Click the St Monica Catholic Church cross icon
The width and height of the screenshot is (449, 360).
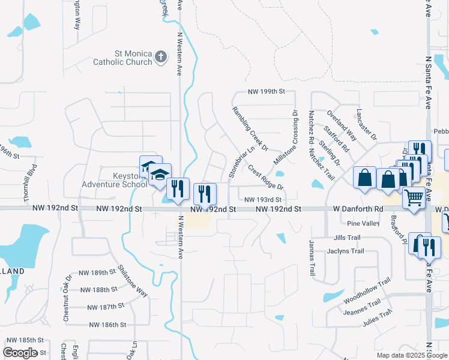tap(160, 57)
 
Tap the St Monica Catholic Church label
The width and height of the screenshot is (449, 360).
tap(122, 57)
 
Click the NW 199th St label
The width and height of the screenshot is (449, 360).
tap(266, 92)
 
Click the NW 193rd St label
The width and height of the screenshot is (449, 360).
tap(263, 199)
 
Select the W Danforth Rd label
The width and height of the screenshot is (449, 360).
tap(358, 209)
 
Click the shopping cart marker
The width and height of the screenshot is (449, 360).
tap(414, 196)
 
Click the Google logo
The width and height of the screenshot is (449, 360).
tap(20, 353)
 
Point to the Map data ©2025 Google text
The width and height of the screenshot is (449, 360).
tap(412, 355)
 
